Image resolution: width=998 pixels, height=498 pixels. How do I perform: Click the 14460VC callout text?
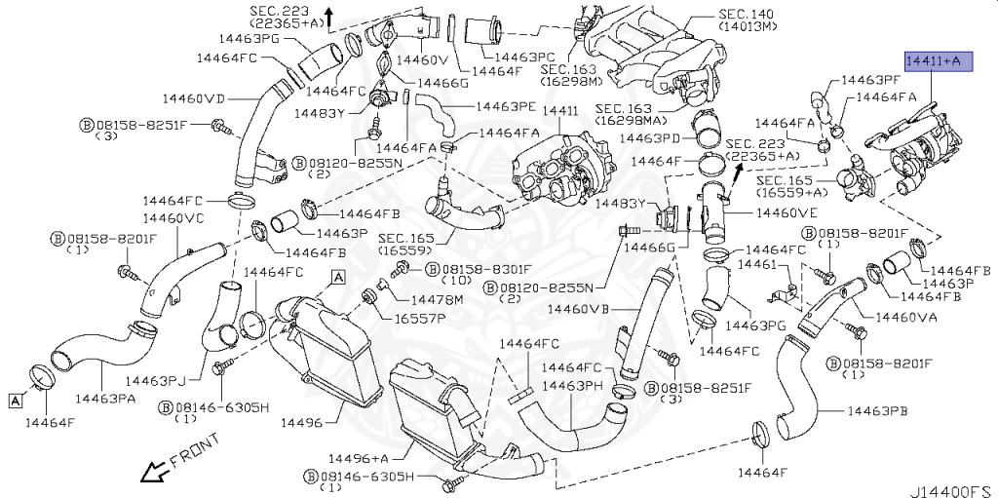174,217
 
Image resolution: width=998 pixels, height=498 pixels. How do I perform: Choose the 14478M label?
436,299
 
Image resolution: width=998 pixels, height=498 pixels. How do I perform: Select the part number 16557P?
419,318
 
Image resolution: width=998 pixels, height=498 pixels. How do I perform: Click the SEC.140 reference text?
746,15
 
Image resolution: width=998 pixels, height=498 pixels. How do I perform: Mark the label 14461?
756,264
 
